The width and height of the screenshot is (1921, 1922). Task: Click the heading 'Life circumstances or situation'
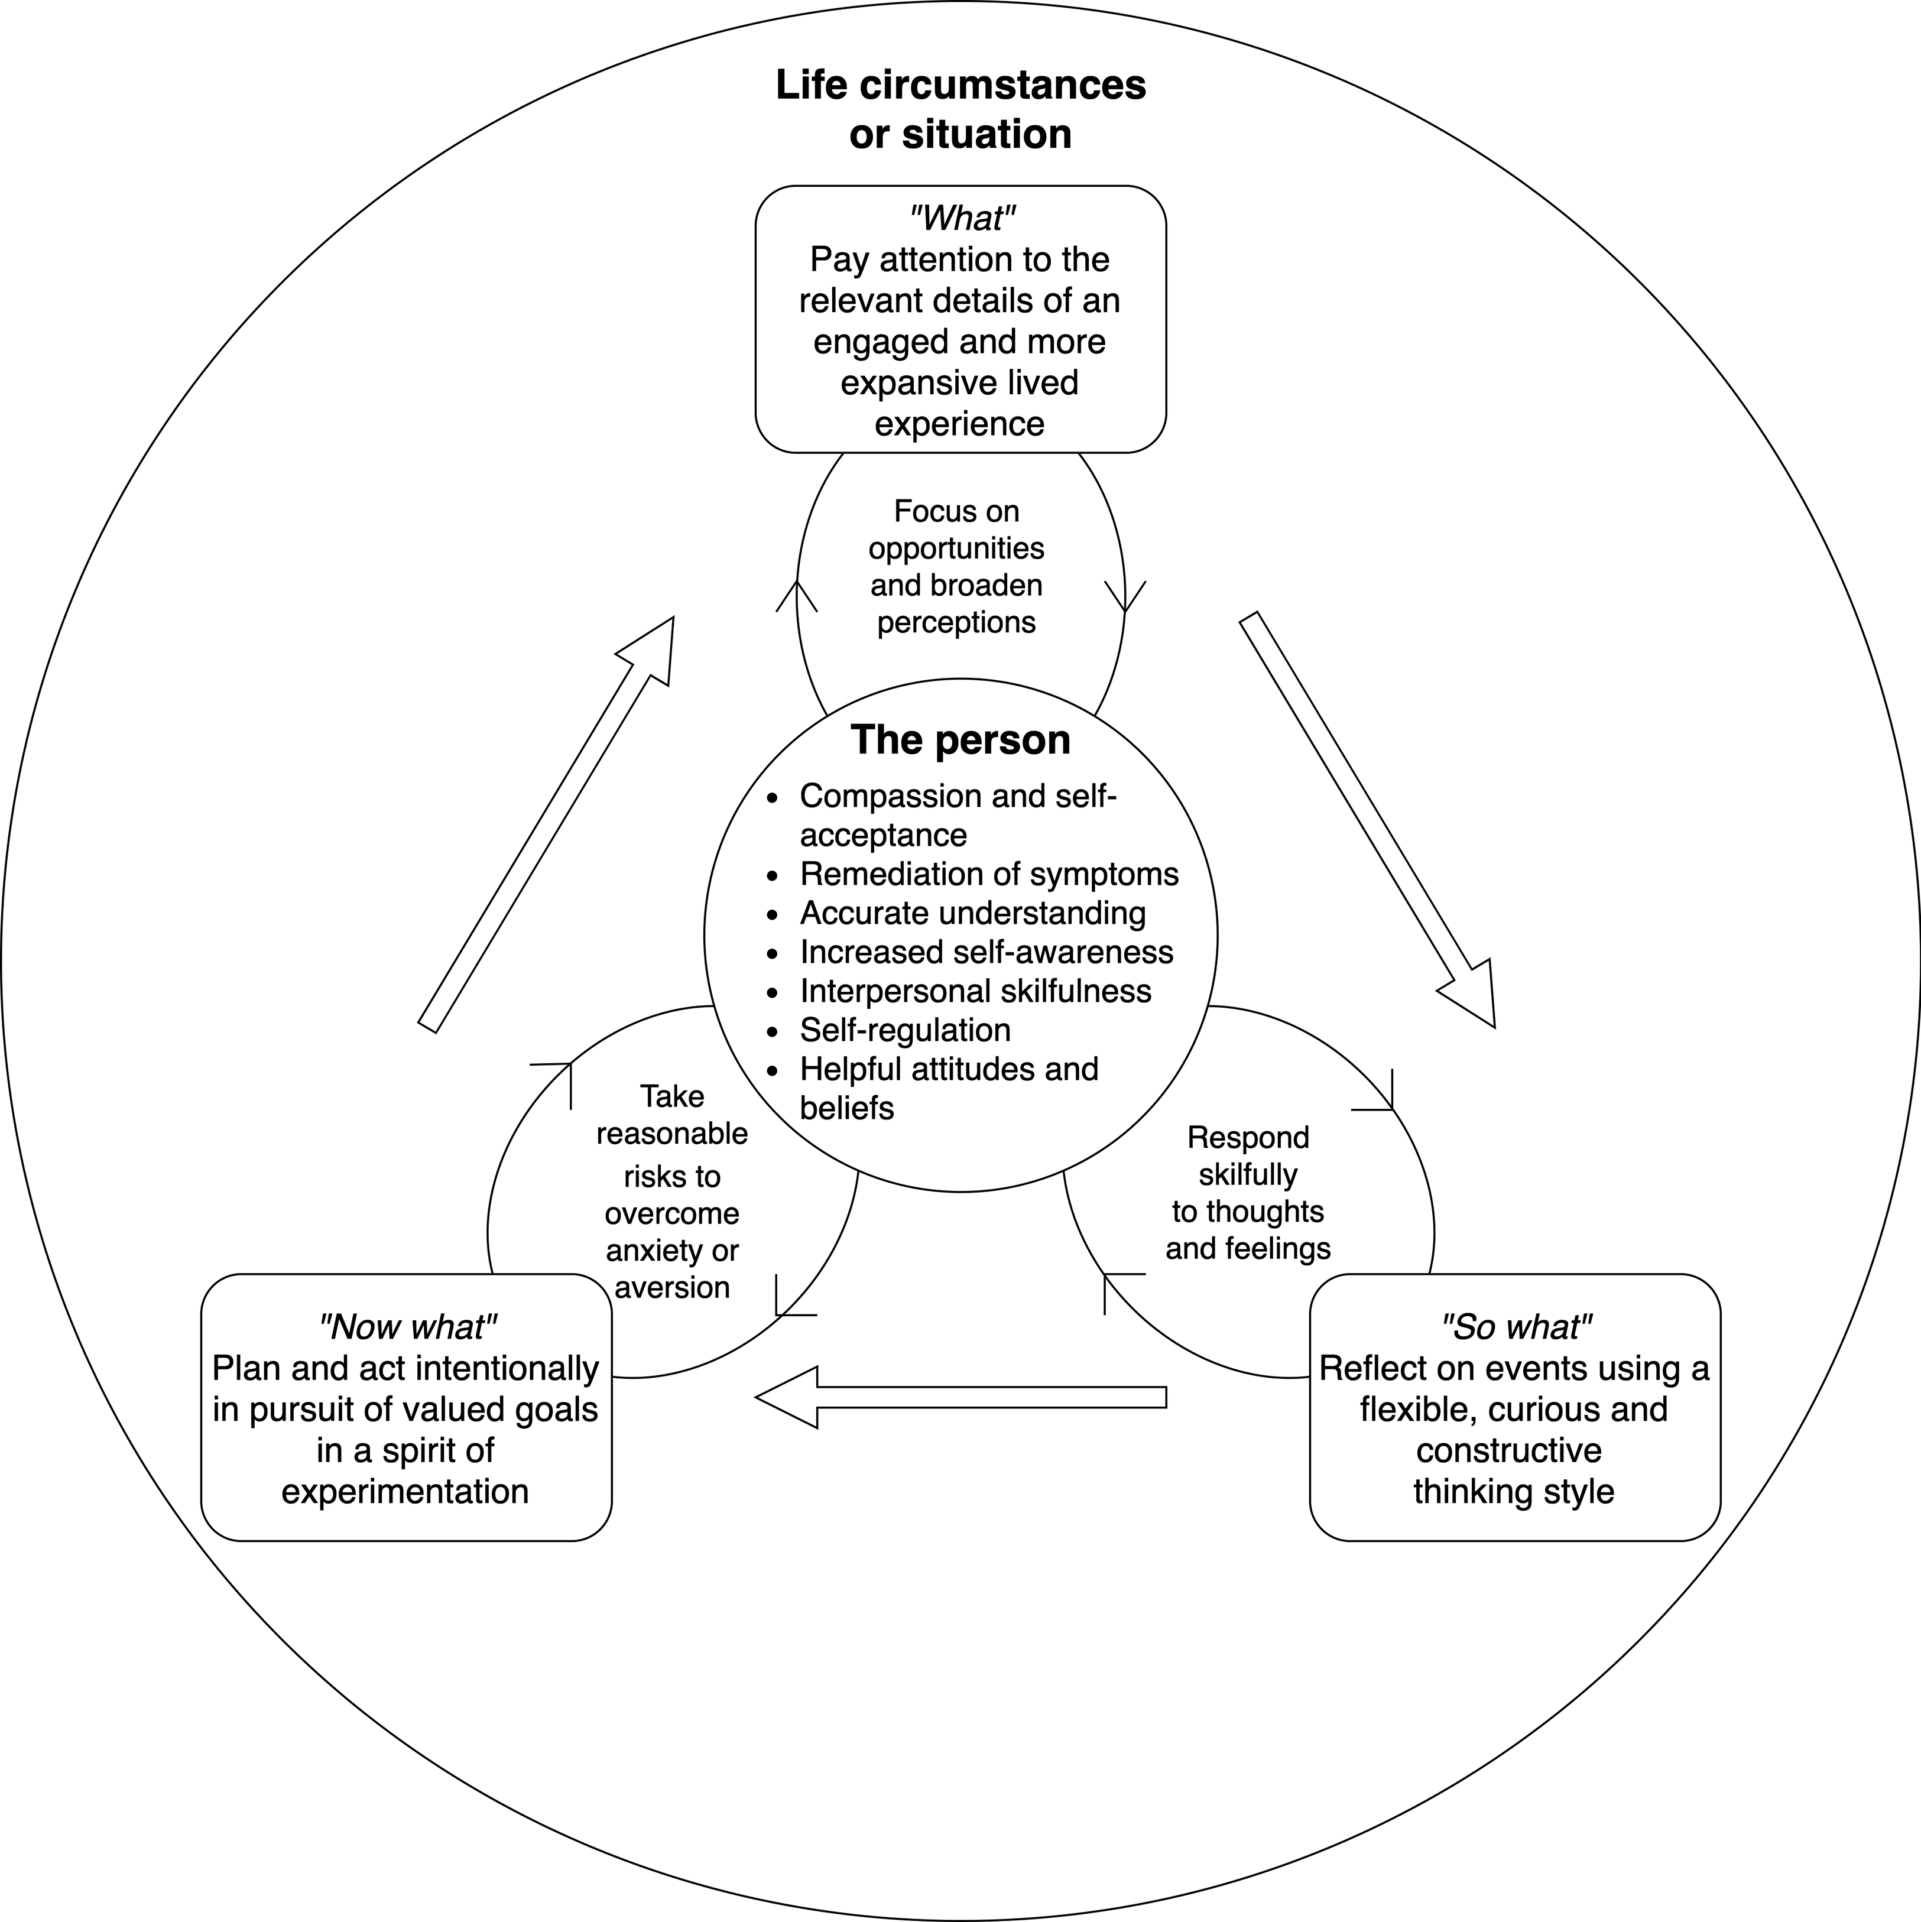(x=960, y=109)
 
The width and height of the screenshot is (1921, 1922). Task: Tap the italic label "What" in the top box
(x=961, y=218)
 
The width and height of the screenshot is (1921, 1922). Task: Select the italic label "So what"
(x=1515, y=1326)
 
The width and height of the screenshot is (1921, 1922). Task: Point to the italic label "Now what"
(x=407, y=1326)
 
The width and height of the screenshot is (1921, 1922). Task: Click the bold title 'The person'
(x=960, y=740)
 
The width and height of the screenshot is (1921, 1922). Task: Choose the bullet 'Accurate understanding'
(x=972, y=913)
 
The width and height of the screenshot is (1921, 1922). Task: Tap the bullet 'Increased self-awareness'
(x=986, y=952)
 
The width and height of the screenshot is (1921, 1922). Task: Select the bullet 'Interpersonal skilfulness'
(x=975, y=991)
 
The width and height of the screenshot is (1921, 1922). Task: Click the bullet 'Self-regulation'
(x=904, y=1030)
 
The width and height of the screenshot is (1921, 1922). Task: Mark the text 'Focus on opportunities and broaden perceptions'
(x=956, y=566)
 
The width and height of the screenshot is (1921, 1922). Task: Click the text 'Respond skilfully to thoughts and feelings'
(x=1248, y=1192)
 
